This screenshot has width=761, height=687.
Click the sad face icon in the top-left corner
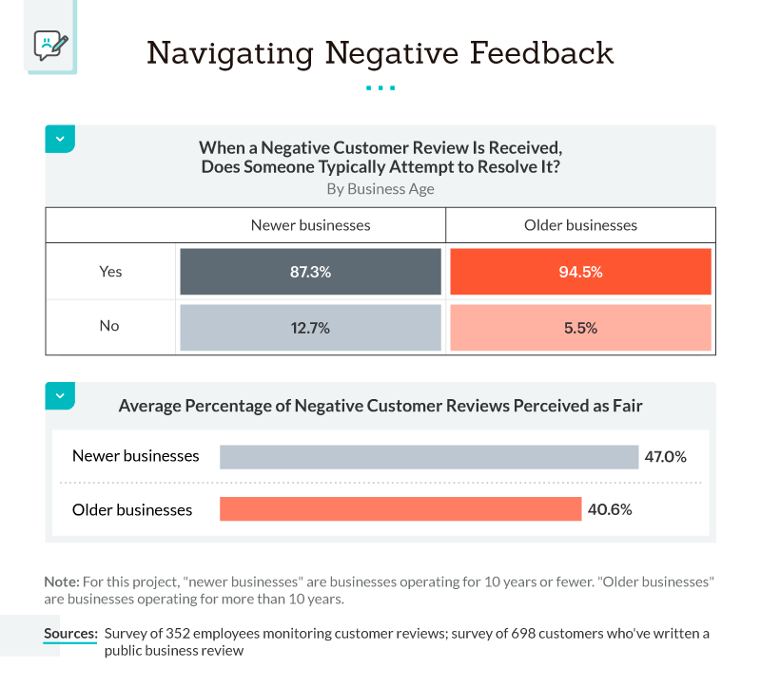(50, 44)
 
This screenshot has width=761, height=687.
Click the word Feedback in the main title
(534, 53)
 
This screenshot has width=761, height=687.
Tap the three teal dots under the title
(380, 88)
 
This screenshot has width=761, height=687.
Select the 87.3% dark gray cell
(310, 272)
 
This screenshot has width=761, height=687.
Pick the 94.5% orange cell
(580, 272)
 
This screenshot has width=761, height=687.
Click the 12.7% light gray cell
(310, 328)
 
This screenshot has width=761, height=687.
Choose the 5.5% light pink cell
(580, 328)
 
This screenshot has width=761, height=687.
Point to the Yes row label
(110, 272)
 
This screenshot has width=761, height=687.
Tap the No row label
(109, 326)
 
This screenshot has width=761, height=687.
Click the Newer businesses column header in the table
(310, 225)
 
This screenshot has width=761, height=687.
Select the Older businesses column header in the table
(580, 225)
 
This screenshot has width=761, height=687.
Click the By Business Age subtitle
(380, 188)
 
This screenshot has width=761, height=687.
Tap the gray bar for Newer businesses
(428, 456)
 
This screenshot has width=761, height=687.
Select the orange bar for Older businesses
(400, 509)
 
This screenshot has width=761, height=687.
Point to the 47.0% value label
(665, 456)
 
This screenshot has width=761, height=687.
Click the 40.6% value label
(610, 509)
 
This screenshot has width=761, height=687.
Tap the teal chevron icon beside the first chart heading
(60, 139)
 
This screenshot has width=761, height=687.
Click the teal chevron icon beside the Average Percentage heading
(60, 395)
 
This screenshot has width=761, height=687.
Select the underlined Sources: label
(70, 634)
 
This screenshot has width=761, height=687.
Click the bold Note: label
(61, 581)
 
